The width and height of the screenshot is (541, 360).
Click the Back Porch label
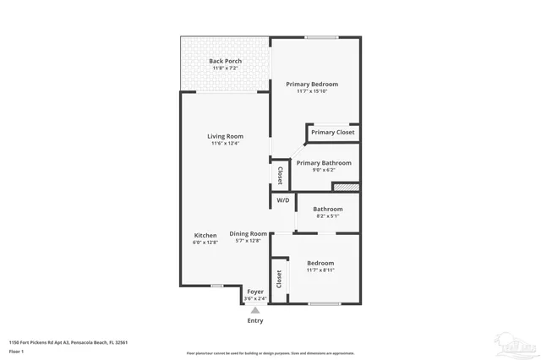pos(226,61)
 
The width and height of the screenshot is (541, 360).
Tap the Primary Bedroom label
pos(311,84)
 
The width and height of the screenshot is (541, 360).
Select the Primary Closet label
pos(332,133)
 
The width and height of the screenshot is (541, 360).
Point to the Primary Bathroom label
pos(324,163)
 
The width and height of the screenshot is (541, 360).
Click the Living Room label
pos(226,136)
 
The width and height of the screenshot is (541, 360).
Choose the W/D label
pos(282,200)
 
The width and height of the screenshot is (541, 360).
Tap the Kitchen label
pos(205,236)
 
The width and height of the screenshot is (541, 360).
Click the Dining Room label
pos(249,234)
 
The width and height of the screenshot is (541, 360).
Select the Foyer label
pos(255,292)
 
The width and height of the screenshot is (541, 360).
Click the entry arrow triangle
pos(255,310)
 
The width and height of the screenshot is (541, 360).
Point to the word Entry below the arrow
pos(255,320)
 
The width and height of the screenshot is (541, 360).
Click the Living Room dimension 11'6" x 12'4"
pos(226,144)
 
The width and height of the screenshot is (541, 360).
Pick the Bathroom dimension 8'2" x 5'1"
pos(328,216)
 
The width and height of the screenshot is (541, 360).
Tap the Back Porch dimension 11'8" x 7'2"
pos(226,68)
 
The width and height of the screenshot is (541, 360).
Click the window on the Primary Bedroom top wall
pos(316,37)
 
